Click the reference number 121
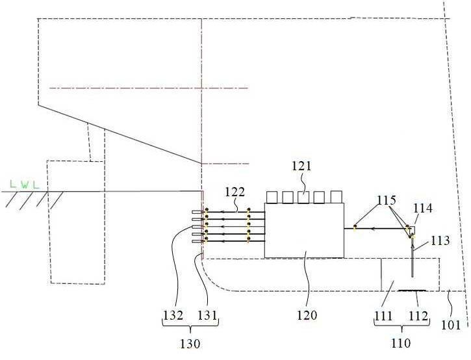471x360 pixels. click(301, 166)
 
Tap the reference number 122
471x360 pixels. click(235, 192)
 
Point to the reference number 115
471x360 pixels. click(387, 200)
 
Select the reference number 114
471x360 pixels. click(423, 208)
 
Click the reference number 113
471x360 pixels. click(440, 240)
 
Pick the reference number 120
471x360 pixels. click(307, 315)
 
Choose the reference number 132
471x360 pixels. click(173, 316)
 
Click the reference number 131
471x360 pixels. click(207, 316)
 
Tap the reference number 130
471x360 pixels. click(190, 344)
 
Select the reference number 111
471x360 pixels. click(383, 316)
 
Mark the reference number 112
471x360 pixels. click(418, 316)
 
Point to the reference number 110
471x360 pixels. click(401, 343)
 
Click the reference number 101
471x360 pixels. click(451, 325)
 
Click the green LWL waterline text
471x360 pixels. click(25, 184)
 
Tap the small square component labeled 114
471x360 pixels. click(411, 230)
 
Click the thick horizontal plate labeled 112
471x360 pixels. click(412, 290)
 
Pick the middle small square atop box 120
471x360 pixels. click(303, 197)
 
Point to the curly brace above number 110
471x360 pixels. click(401, 326)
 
